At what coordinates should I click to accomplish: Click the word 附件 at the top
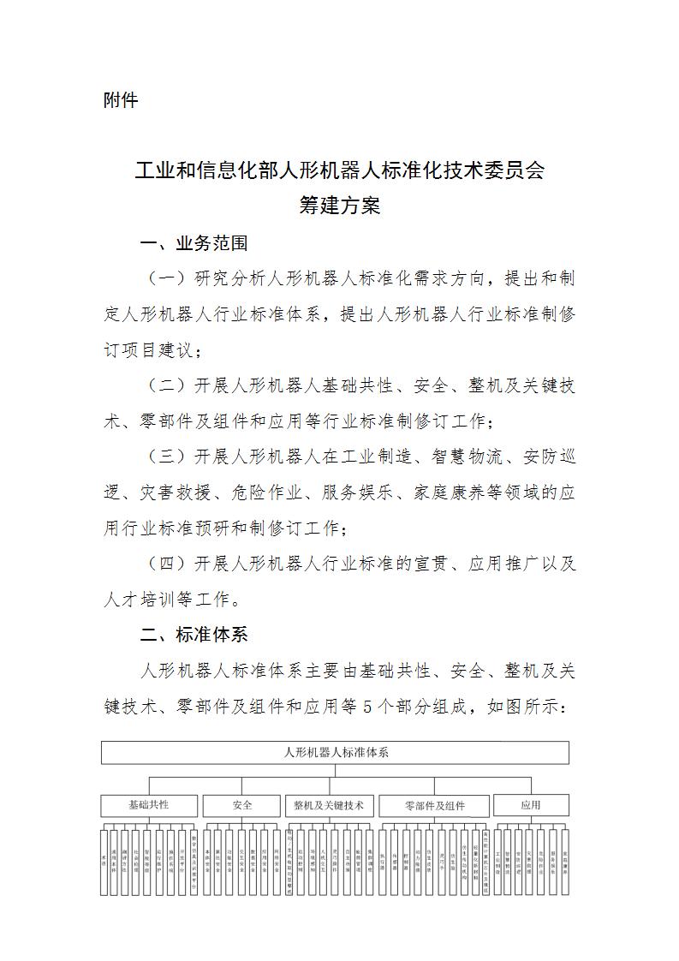coord(121,100)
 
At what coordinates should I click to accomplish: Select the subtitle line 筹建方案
coord(339,206)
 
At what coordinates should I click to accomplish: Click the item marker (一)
coord(166,279)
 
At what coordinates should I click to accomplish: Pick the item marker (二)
coord(166,385)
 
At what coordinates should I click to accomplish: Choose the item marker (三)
coord(166,457)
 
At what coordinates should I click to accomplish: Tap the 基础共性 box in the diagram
coord(149,806)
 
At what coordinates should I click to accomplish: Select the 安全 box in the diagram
coord(241,806)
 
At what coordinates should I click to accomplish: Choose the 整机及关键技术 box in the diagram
coord(329,806)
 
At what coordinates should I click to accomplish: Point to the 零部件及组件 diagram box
coord(434,806)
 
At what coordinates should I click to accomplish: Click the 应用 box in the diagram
coord(530,806)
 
